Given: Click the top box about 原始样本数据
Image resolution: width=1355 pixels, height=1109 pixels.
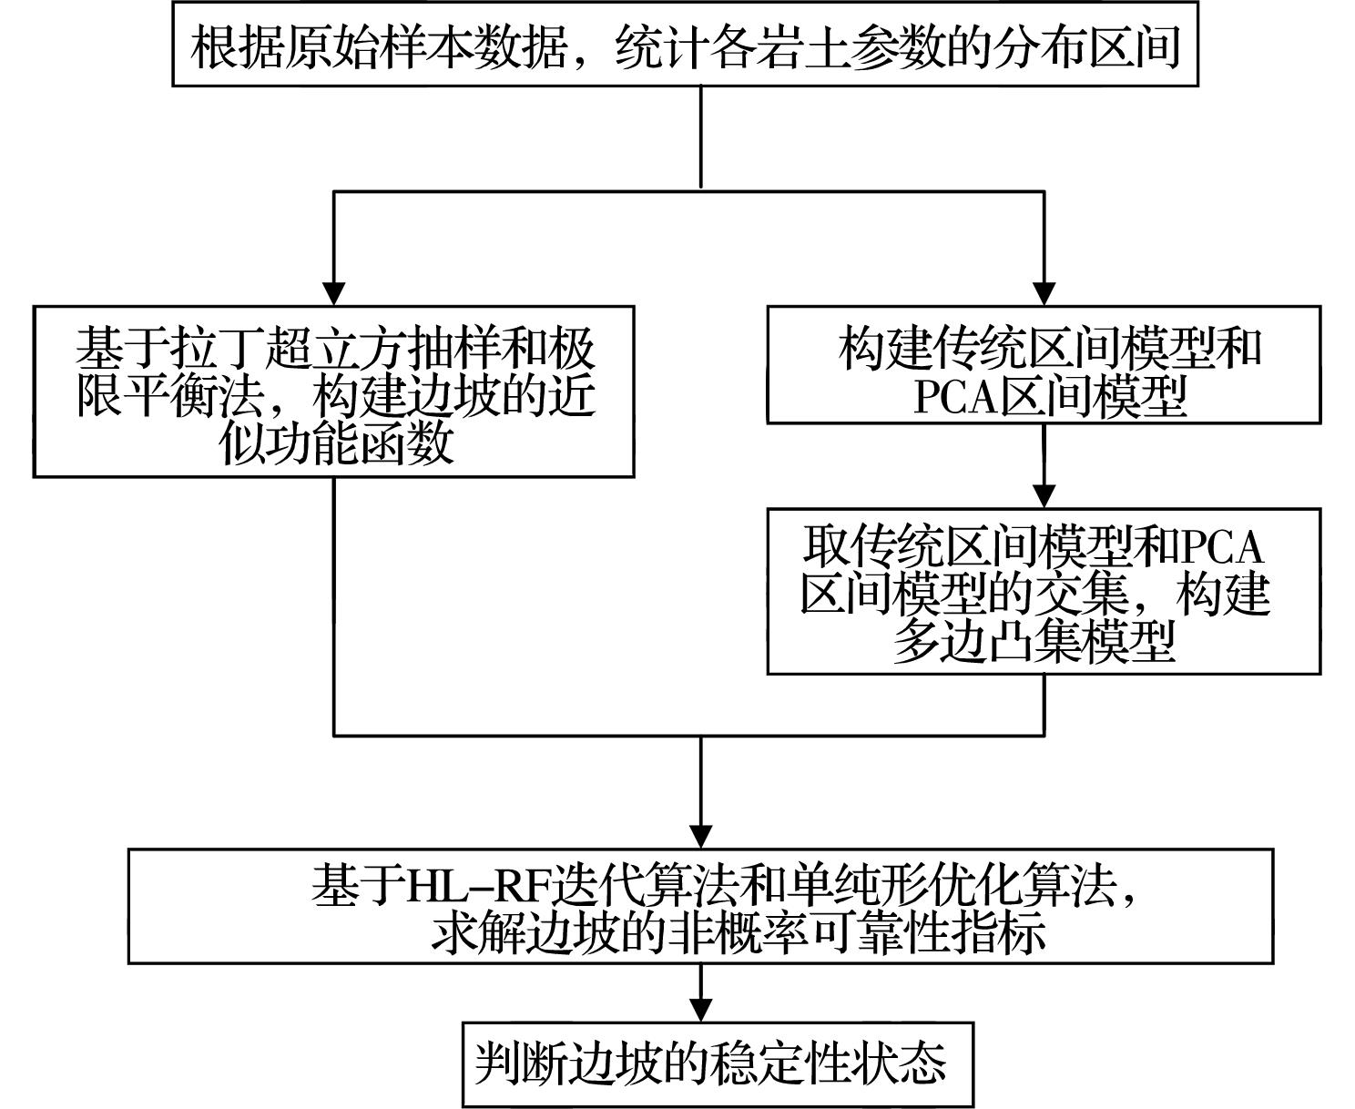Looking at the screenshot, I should (x=685, y=44).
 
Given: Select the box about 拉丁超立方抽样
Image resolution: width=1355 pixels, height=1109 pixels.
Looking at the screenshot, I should (x=333, y=392).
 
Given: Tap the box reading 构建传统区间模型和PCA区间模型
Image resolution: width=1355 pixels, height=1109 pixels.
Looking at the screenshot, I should (x=1044, y=364).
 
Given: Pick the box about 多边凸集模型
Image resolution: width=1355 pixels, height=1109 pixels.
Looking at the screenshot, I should (x=1044, y=591).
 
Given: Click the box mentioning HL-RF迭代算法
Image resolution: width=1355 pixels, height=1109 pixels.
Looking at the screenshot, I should (x=700, y=906).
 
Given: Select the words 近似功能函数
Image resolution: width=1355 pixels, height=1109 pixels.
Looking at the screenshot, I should (x=337, y=444).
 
